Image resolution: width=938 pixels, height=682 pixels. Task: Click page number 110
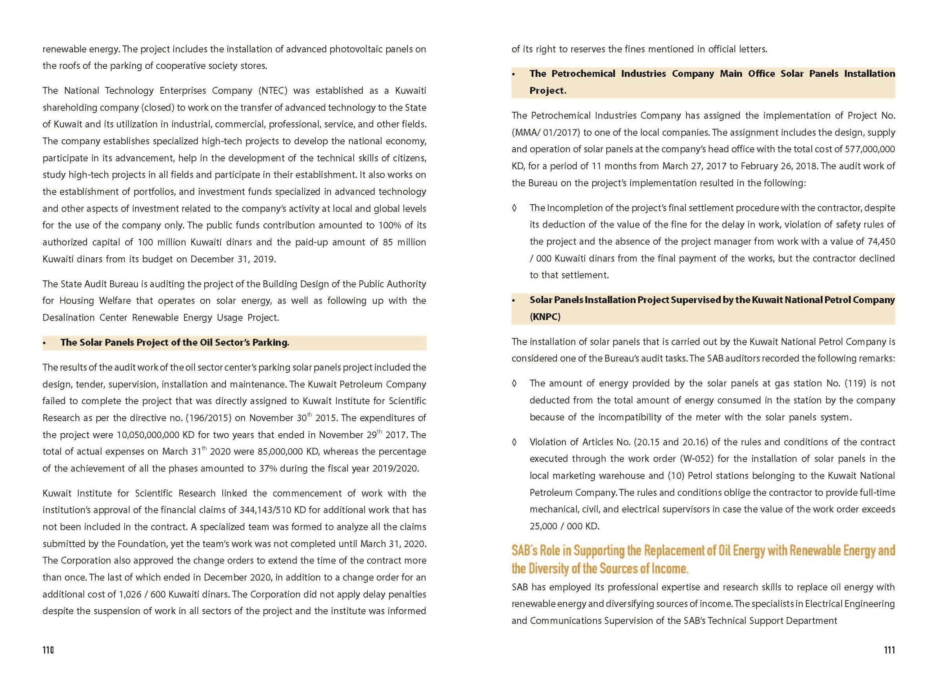(48, 650)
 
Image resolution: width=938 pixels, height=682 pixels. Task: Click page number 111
(889, 650)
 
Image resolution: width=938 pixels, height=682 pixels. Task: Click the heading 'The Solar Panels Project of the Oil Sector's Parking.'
(175, 342)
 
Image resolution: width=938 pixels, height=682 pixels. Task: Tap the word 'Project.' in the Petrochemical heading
(547, 91)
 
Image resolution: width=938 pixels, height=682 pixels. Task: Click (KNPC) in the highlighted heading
(545, 317)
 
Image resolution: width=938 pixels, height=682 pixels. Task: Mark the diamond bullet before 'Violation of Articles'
(514, 442)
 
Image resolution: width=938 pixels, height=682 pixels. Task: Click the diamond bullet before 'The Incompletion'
(514, 207)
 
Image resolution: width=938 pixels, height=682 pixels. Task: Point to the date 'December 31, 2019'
(233, 259)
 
